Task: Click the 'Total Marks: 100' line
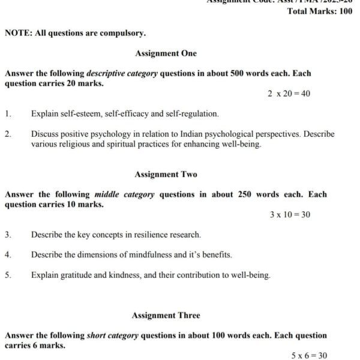click(320, 11)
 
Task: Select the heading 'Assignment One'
click(166, 53)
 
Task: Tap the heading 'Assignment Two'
click(166, 175)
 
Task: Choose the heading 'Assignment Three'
click(166, 316)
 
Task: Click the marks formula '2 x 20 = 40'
click(289, 94)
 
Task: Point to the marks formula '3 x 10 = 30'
click(290, 215)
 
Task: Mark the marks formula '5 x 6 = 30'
click(309, 356)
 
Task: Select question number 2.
click(8, 134)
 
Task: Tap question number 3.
click(8, 235)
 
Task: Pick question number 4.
click(8, 255)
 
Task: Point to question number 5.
click(8, 275)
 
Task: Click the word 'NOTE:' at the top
click(19, 34)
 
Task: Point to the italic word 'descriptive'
click(107, 74)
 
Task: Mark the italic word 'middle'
click(107, 194)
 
